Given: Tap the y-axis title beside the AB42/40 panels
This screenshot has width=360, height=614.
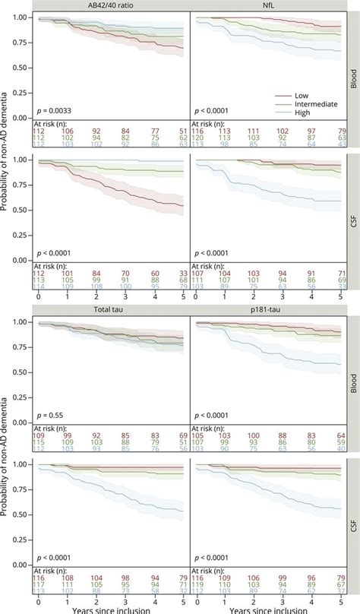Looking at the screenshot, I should (7, 152).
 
